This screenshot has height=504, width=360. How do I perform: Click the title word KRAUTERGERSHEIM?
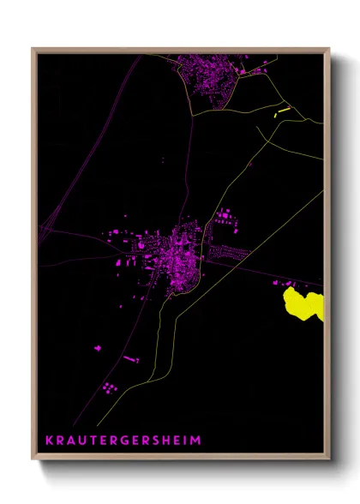(123, 440)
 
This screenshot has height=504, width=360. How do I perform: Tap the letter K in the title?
(49, 440)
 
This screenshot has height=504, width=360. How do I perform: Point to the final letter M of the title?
(199, 440)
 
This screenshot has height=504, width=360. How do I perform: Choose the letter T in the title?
(93, 440)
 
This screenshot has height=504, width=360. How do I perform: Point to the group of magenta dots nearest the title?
(109, 388)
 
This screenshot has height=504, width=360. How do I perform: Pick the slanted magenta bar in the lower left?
(130, 358)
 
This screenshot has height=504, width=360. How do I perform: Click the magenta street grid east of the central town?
(227, 253)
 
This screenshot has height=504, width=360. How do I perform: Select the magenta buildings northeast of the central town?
(225, 217)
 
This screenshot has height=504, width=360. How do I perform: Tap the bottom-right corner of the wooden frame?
(328, 459)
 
